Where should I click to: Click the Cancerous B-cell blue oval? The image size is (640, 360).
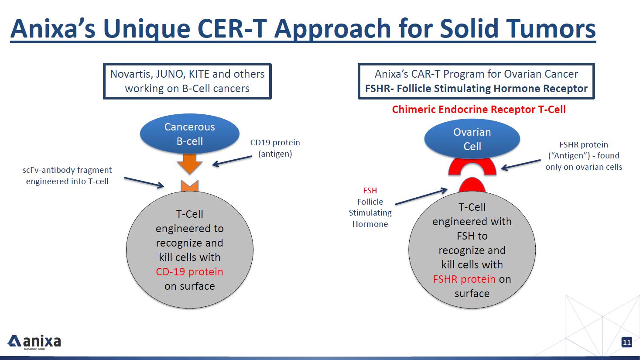click(189, 134)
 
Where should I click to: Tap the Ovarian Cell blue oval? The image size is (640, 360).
click(472, 139)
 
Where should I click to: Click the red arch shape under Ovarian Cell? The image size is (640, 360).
click(472, 166)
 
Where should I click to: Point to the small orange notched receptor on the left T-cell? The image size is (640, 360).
click(190, 186)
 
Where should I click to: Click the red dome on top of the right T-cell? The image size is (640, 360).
click(472, 186)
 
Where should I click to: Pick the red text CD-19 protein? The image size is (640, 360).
click(189, 272)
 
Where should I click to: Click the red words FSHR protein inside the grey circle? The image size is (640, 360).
click(464, 279)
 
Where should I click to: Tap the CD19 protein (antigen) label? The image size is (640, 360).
click(275, 148)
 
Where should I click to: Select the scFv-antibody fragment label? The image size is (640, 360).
click(67, 175)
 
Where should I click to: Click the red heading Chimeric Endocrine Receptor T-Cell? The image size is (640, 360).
click(479, 110)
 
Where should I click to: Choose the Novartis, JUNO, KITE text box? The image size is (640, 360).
click(187, 81)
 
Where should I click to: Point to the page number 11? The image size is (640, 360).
click(626, 342)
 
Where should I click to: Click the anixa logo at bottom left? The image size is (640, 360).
click(34, 342)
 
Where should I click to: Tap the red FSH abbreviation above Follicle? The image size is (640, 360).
click(370, 191)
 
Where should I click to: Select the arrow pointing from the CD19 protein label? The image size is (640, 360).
click(232, 161)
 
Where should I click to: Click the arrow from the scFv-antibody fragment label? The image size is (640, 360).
click(144, 182)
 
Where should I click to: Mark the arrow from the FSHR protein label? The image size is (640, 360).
click(521, 165)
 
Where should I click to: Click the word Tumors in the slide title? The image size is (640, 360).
click(551, 29)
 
